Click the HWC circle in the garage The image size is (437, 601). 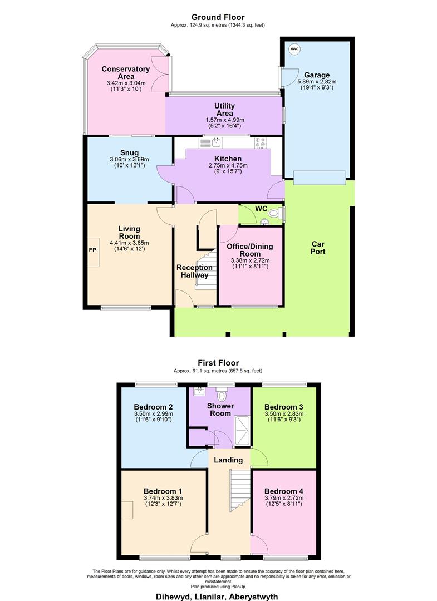coord(294,49)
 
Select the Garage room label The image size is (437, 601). coord(317,75)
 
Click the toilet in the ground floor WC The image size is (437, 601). coord(274,213)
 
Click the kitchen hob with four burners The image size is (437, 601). coord(260,142)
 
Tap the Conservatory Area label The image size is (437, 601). coord(126,73)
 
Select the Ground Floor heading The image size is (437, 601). coord(218,17)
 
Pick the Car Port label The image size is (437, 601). coord(318,248)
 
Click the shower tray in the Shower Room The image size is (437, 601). coord(243,432)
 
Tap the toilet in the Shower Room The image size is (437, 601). coord(222,395)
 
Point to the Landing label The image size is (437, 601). coord(228,460)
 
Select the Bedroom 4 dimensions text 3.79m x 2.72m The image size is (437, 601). coord(283,498)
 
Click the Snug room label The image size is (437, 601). coord(129,153)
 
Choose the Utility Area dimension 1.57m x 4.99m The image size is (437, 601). coord(224,120)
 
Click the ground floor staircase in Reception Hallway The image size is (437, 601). coord(206,270)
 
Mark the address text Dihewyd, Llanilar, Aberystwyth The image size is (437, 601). coord(218,596)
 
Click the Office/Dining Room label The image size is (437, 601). coord(250,250)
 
